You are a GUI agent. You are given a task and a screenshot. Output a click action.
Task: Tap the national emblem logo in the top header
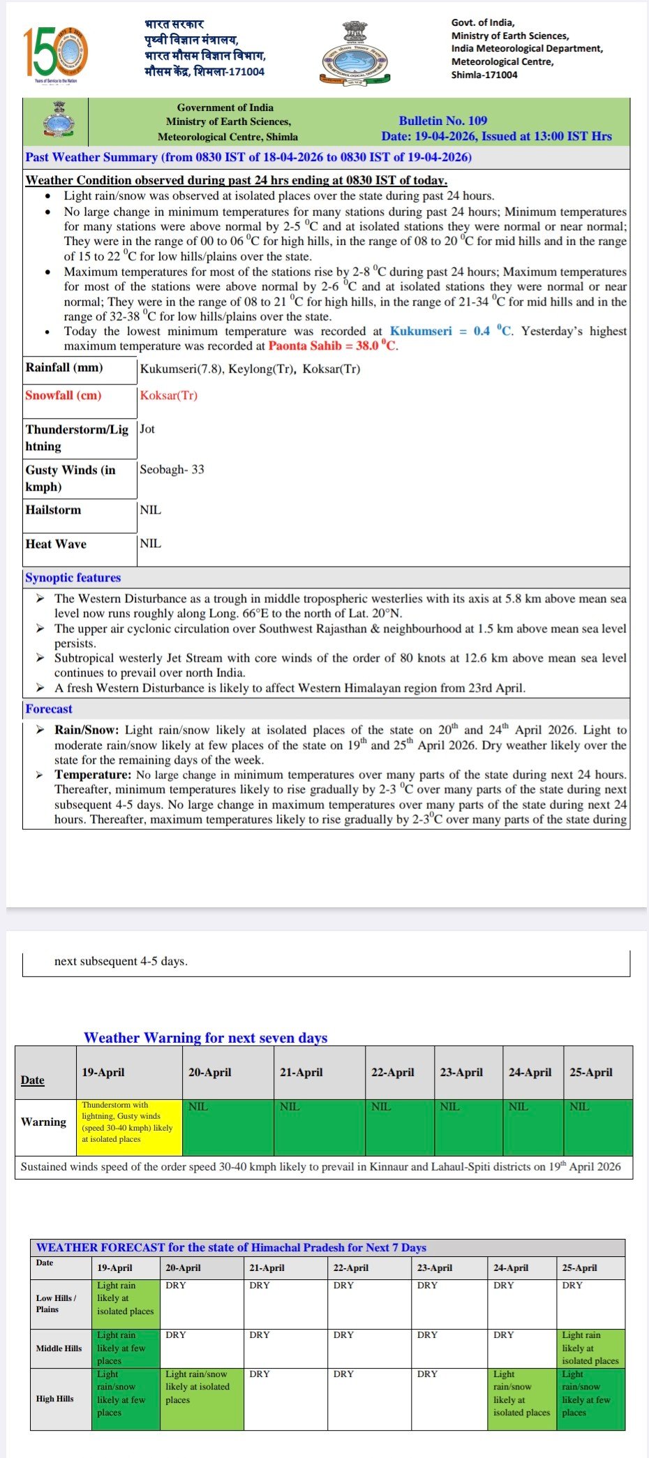354,53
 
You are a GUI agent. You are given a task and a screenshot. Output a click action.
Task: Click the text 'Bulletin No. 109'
442,121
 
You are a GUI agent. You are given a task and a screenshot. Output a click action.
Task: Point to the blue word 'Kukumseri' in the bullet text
421,331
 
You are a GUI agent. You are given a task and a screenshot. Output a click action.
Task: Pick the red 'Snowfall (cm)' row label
64,395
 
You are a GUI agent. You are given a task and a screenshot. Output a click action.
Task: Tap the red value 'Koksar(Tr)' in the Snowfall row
169,395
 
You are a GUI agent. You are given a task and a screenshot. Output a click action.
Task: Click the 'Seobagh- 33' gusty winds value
172,469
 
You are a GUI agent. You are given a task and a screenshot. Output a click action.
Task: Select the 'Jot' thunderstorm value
147,429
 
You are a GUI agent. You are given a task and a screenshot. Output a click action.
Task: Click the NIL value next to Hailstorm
150,509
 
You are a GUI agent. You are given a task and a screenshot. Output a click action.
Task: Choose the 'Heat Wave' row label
56,544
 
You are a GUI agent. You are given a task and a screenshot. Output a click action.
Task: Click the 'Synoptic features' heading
73,577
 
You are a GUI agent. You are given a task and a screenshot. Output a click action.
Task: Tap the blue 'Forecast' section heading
49,708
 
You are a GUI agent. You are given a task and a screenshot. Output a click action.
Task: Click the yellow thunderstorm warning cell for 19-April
129,1126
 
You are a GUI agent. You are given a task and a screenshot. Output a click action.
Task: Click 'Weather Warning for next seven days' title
206,1037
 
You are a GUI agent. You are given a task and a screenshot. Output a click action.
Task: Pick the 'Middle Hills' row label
59,1348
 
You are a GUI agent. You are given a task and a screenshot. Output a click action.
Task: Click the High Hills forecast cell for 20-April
202,1399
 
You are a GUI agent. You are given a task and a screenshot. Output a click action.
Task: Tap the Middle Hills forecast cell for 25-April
590,1348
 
